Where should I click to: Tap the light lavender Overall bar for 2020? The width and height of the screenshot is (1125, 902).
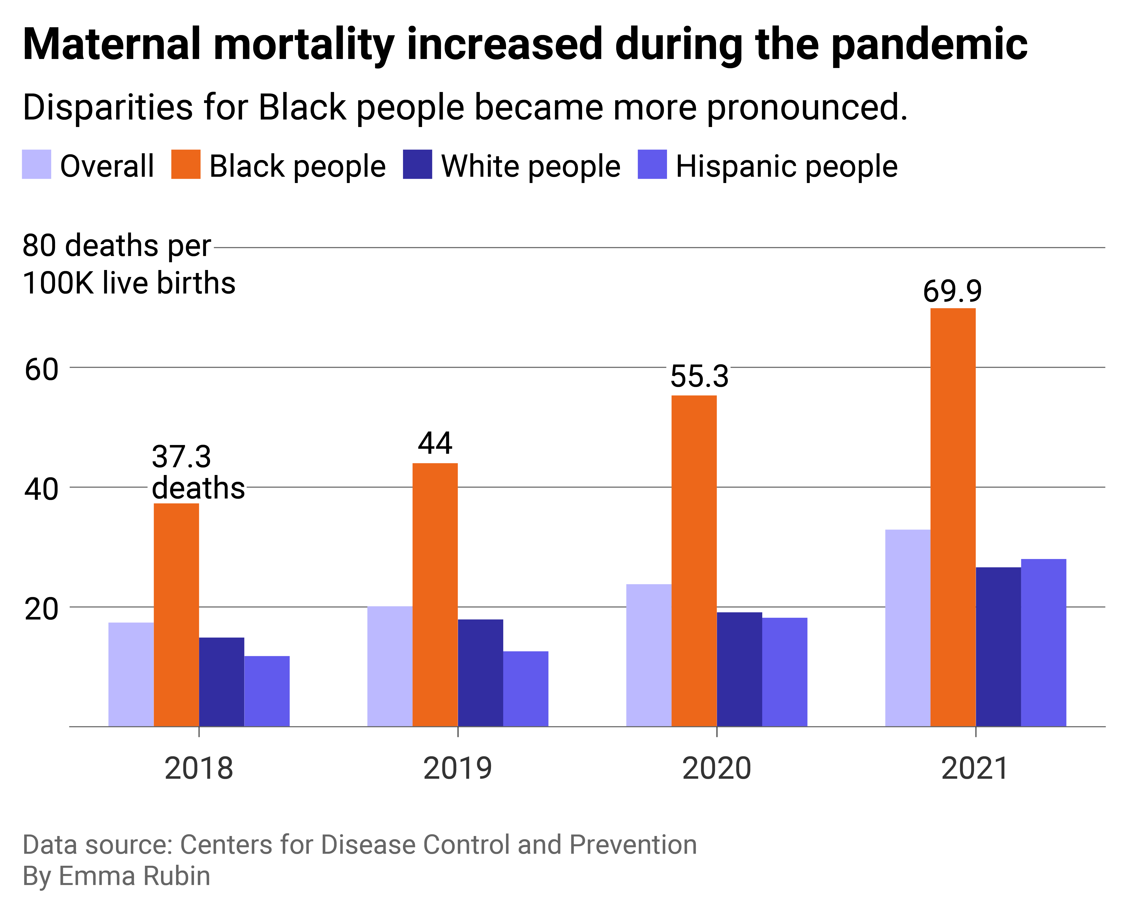point(648,655)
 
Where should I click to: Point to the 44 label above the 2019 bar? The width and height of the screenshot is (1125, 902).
point(435,443)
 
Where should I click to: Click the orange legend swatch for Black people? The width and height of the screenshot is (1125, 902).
point(186,164)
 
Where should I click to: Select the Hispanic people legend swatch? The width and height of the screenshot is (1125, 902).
point(652,164)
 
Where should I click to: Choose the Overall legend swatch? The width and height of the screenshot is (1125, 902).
point(36,164)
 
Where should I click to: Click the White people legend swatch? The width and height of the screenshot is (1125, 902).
point(417,164)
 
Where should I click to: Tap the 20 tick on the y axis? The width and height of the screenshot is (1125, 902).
point(42,609)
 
